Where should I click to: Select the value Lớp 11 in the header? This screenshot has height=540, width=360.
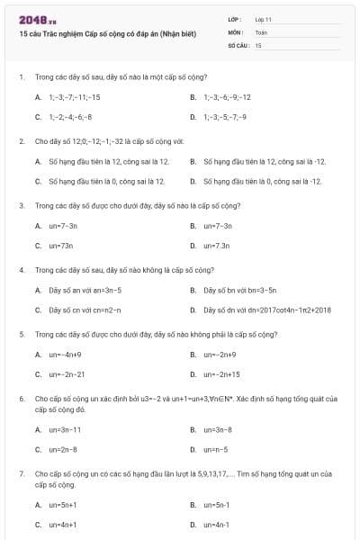click(264, 19)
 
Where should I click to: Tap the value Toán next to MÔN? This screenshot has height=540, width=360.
click(261, 31)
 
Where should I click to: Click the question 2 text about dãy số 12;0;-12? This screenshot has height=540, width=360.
click(109, 141)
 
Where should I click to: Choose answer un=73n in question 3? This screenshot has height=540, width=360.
click(61, 245)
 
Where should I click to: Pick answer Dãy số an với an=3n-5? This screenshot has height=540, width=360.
click(85, 290)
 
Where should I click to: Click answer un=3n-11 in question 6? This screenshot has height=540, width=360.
click(65, 429)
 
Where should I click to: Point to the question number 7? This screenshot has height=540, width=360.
click(21, 472)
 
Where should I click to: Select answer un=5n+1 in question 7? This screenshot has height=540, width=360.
click(63, 505)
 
